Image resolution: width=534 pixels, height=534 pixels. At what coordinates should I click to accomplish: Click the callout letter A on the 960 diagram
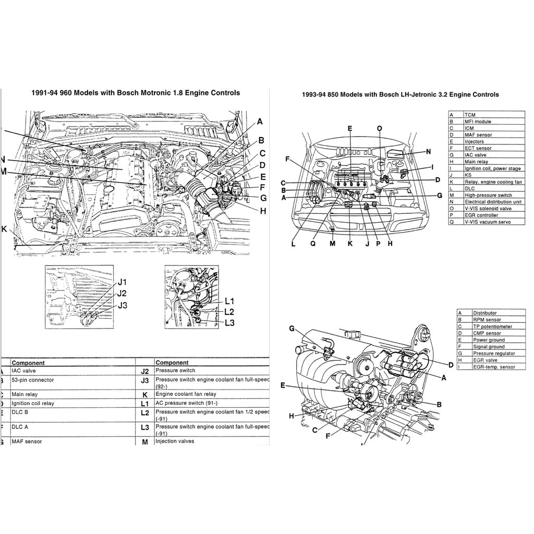(260, 122)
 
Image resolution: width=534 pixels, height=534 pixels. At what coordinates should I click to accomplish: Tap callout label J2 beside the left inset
(122, 294)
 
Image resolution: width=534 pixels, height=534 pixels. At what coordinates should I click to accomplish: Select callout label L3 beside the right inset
(229, 323)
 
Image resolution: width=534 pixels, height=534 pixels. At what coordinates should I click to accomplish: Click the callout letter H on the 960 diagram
(263, 211)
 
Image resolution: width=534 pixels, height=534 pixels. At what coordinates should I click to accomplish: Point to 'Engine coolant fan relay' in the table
(185, 394)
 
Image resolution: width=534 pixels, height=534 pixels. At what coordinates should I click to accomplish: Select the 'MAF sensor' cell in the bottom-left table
(27, 441)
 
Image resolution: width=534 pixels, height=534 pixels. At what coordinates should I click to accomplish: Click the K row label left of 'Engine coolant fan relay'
(144, 395)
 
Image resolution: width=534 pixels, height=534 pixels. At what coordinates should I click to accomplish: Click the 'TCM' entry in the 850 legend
(470, 115)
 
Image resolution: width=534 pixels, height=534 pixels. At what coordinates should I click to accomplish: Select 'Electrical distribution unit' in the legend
(493, 202)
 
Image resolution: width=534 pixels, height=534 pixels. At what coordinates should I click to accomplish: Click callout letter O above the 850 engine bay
(379, 128)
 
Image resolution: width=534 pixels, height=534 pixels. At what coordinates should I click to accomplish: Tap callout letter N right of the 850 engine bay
(428, 152)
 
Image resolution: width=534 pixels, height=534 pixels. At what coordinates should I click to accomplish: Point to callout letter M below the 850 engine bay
(332, 244)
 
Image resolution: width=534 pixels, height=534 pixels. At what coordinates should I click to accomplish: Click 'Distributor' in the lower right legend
(484, 313)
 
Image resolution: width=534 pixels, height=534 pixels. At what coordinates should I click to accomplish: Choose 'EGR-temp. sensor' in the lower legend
(493, 367)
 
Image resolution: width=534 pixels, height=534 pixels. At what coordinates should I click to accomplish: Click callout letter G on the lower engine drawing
(292, 328)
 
